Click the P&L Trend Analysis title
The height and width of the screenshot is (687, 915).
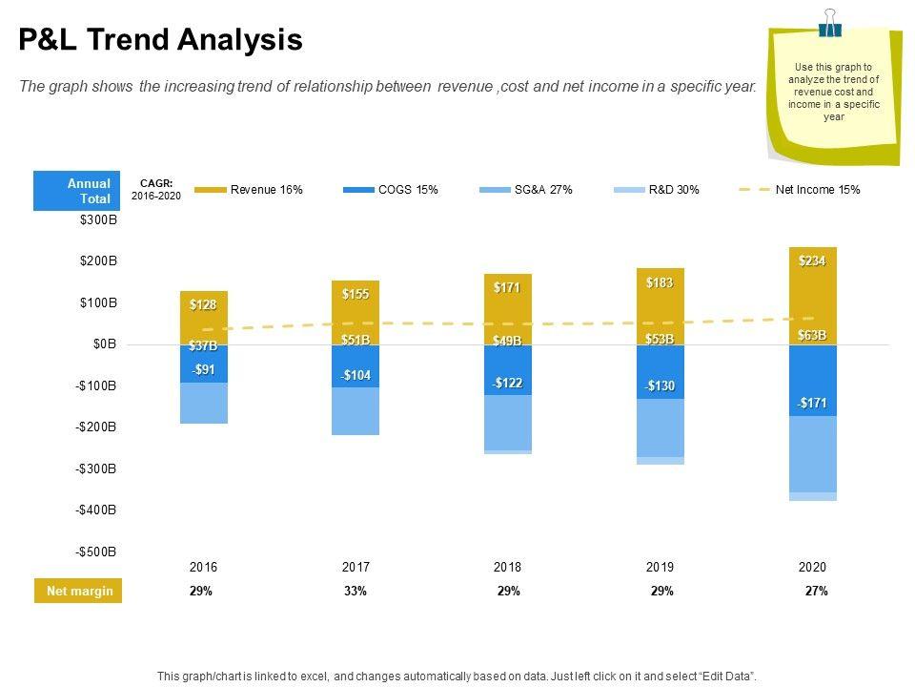pos(161,40)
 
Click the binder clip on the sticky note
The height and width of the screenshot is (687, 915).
pos(830,23)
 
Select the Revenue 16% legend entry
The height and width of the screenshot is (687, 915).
pos(249,190)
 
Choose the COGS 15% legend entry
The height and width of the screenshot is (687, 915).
pos(392,190)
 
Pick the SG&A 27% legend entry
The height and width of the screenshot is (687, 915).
pos(527,190)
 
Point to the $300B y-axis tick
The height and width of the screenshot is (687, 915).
pos(98,220)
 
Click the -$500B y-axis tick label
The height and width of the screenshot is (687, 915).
pos(96,552)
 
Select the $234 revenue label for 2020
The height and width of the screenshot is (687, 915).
pos(812,261)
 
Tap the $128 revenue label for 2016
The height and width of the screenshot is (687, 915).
pos(203,305)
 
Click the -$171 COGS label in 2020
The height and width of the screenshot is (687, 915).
pos(812,404)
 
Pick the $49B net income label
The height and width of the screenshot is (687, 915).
pos(506,341)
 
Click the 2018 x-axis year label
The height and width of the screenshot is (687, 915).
pos(507,567)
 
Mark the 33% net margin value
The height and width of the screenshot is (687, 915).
pos(356,592)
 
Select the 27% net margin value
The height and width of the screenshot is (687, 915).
pos(816,592)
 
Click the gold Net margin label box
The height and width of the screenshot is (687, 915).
pos(79,592)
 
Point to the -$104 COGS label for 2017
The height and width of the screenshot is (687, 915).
pos(355,376)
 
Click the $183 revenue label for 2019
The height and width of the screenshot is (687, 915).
pos(660,282)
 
